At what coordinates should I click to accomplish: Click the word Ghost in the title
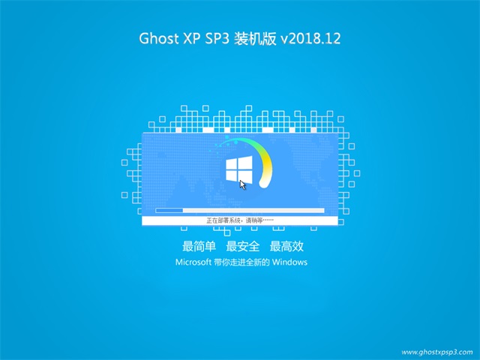coord(158,38)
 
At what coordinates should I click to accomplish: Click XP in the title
coord(192,38)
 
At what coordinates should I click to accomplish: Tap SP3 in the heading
coord(217,38)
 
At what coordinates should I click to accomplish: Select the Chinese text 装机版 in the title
coord(255,38)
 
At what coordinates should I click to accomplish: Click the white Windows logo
coord(239,169)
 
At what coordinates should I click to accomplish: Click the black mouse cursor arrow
coord(243,185)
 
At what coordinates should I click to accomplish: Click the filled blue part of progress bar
coord(169,210)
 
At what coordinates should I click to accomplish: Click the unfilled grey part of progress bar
coord(253,210)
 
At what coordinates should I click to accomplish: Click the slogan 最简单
coord(199,246)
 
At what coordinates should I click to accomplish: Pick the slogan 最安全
coord(243,246)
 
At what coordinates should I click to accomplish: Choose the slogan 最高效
coord(286,246)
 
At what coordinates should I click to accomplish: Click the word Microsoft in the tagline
coord(193,262)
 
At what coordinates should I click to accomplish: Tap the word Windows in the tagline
coord(289,262)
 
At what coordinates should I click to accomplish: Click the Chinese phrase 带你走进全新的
coord(241,262)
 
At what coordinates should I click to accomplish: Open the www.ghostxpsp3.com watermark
coord(437,352)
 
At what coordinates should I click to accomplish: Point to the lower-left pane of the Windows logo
coord(232,175)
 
